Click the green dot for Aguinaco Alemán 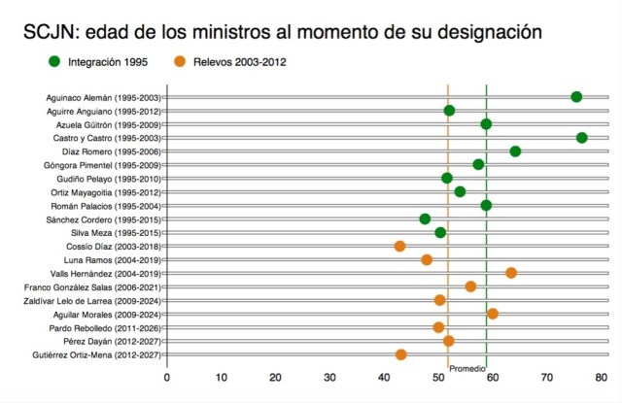point(576,97)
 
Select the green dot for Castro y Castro point(581,138)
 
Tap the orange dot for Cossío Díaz point(399,247)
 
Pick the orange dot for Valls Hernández point(511,273)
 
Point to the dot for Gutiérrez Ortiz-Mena point(400,355)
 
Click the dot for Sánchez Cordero point(425,219)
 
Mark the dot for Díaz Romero point(515,151)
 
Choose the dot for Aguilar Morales point(493,314)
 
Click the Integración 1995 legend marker point(53,63)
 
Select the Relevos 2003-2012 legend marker point(181,63)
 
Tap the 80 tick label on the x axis point(602,377)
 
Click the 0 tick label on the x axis point(166,377)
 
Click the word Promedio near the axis point(467,370)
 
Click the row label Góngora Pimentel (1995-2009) point(103,165)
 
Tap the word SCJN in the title point(50,32)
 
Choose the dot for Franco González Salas point(471,286)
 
